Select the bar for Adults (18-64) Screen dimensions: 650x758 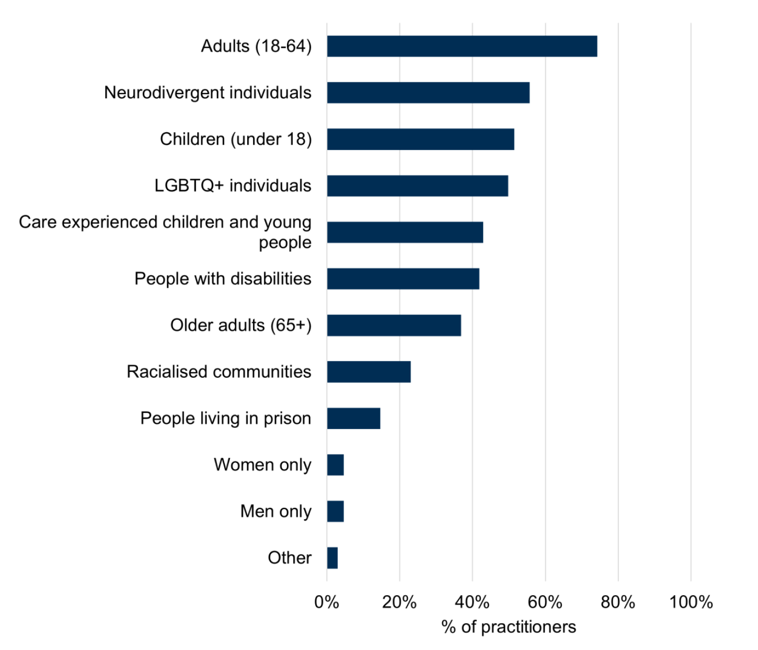(x=462, y=47)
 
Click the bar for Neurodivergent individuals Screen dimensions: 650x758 (x=428, y=93)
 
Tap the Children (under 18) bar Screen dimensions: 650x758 (x=421, y=140)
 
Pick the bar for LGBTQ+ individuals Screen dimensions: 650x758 (x=418, y=186)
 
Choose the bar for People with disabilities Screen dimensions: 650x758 (x=403, y=279)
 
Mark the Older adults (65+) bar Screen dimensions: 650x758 (x=394, y=326)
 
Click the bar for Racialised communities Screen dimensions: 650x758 (x=369, y=372)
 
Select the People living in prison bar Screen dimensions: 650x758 (x=354, y=419)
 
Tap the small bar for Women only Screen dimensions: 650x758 (x=336, y=465)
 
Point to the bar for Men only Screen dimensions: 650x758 (x=336, y=512)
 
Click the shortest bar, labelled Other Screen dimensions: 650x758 (x=332, y=558)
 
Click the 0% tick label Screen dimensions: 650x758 (x=327, y=602)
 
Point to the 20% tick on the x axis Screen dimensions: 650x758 (x=399, y=602)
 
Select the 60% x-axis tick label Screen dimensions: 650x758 (x=545, y=602)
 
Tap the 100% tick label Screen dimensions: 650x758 (x=691, y=602)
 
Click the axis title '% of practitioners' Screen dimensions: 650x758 (x=509, y=627)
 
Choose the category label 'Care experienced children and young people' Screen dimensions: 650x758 (x=165, y=232)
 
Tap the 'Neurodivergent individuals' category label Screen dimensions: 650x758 (x=208, y=93)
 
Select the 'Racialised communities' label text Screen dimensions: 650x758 (x=219, y=372)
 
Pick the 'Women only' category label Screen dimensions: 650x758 (x=262, y=465)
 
